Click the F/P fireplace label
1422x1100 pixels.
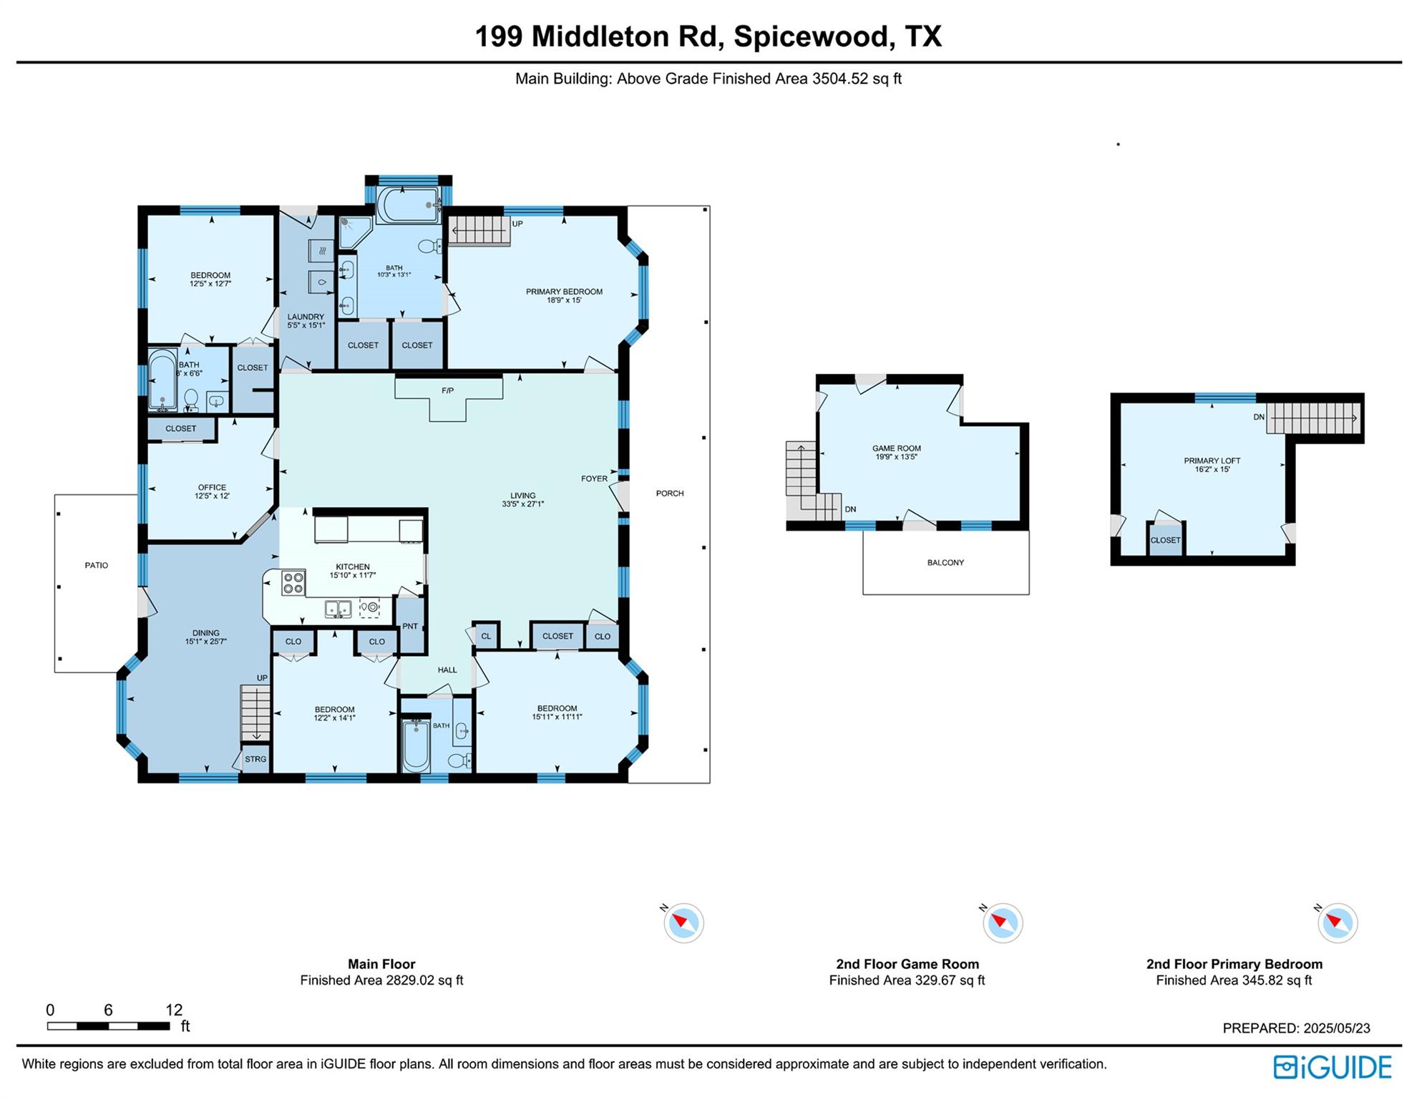click(x=447, y=390)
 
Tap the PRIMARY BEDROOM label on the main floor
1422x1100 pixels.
click(x=564, y=291)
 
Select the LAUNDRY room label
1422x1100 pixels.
click(x=306, y=317)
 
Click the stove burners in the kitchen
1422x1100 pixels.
click(x=293, y=583)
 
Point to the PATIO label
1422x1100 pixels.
click(x=97, y=565)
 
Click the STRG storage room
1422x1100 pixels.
click(x=255, y=759)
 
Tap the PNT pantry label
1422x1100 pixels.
click(x=410, y=626)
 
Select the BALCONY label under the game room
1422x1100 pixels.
click(x=945, y=563)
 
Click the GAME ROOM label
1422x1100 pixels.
click(x=896, y=448)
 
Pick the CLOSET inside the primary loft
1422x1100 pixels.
click(x=1165, y=540)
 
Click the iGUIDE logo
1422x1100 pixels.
click(x=1332, y=1067)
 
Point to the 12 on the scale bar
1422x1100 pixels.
click(x=174, y=1010)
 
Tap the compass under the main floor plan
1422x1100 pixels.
click(x=683, y=923)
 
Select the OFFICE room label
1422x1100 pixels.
click(x=212, y=487)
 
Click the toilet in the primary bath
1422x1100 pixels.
click(x=428, y=247)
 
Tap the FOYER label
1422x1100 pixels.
click(x=594, y=478)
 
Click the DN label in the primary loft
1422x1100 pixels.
click(x=1259, y=417)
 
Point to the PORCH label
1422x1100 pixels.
click(x=670, y=493)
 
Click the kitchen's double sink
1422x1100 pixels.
click(x=338, y=609)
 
